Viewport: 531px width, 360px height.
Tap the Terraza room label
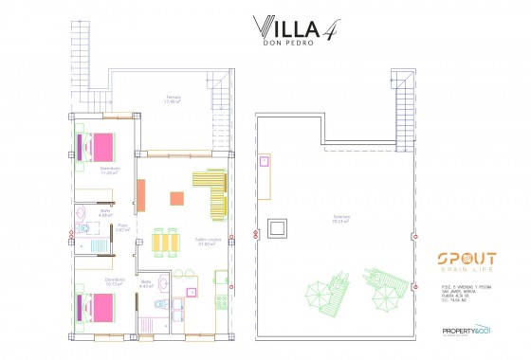pos(173,98)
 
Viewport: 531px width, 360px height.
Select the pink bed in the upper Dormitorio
pos(100,147)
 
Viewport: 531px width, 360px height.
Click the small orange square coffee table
pos(176,198)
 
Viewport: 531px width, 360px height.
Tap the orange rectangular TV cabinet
pos(140,196)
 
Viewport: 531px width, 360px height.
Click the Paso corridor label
pos(123,228)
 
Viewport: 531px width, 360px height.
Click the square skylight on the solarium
pos(278,228)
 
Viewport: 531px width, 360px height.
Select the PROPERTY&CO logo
pos(465,331)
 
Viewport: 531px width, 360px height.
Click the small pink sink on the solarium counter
pos(265,161)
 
